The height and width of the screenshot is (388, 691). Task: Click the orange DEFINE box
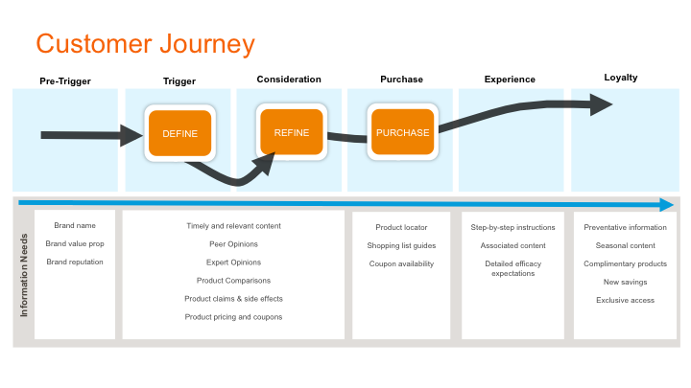pos(179,133)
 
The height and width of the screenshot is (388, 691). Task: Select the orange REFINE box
pos(292,132)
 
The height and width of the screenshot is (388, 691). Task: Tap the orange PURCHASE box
pos(402,132)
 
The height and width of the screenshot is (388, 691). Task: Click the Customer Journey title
pos(146,44)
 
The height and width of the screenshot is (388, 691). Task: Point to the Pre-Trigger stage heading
pos(65,80)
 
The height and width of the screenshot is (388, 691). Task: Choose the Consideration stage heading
pos(289,80)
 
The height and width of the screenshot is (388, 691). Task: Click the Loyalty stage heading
pos(621,78)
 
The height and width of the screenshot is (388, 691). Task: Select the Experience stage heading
pos(510,80)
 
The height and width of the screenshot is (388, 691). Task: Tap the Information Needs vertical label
pos(24,275)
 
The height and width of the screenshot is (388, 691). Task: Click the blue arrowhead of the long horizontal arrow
pos(666,205)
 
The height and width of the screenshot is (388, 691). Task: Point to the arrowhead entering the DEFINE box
pos(131,135)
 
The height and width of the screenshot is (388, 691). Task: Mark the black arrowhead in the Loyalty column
pos(601,104)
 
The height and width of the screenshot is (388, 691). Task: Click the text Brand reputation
pos(75,262)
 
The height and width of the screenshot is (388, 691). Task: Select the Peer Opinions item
pos(233,244)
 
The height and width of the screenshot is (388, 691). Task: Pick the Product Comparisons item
pos(233,281)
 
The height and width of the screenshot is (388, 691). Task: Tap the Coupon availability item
pos(401,264)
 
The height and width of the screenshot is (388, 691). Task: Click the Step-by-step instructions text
pos(512,227)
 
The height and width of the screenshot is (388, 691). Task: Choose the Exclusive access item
pos(626,300)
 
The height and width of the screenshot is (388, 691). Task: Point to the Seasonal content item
pos(626,245)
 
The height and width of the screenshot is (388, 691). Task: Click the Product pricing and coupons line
pos(233,317)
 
